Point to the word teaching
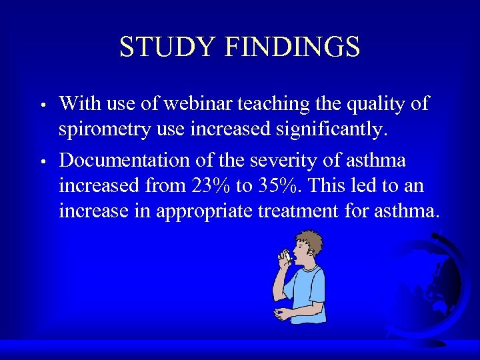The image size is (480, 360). (276, 105)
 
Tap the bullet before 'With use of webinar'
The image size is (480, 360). (42, 105)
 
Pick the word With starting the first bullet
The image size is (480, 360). (79, 104)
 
